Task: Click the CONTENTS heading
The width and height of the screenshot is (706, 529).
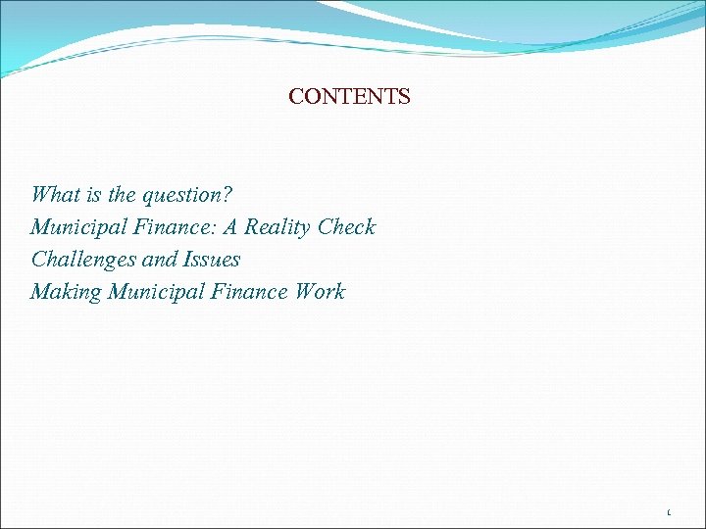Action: pyautogui.click(x=349, y=97)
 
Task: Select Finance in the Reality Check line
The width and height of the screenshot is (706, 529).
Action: pyautogui.click(x=170, y=226)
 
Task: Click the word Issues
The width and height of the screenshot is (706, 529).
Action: pyautogui.click(x=211, y=260)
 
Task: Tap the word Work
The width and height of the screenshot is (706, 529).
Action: pyautogui.click(x=319, y=291)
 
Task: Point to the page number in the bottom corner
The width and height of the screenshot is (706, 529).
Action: pyautogui.click(x=669, y=511)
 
